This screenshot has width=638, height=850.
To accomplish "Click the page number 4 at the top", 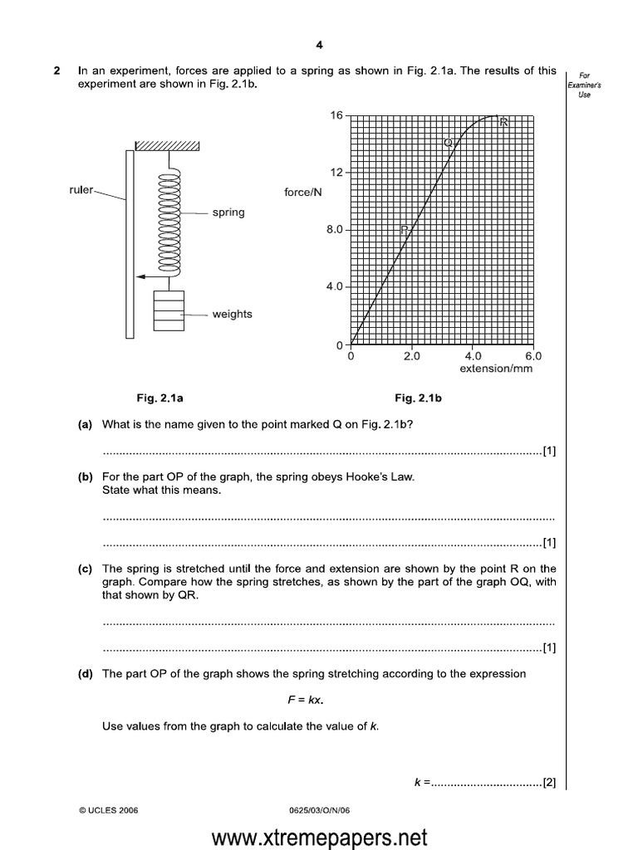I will [x=319, y=46].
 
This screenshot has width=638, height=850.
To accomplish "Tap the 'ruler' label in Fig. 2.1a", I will [x=81, y=189].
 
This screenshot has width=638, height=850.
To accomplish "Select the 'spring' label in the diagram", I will [x=228, y=212].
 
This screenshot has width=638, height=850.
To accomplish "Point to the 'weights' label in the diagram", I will [x=232, y=315].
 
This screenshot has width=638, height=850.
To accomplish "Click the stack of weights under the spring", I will [x=169, y=312].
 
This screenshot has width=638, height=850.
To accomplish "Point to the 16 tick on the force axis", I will [x=336, y=115].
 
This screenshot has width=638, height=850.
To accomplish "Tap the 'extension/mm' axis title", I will [x=496, y=369].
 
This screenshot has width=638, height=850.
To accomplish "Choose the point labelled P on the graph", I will [x=405, y=230].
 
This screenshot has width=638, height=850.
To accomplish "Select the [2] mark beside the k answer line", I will [x=549, y=781].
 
